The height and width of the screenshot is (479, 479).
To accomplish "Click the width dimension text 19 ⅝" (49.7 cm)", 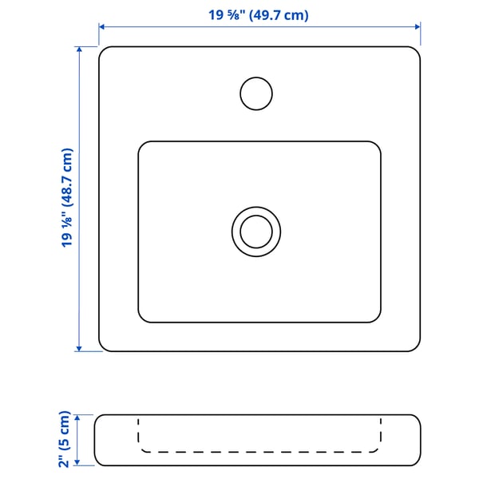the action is point(259,15).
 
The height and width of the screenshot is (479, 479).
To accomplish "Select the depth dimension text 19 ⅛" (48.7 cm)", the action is point(66,198).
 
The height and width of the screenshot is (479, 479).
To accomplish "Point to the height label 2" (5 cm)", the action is point(65,439).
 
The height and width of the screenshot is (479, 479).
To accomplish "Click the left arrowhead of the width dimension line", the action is point(101,27).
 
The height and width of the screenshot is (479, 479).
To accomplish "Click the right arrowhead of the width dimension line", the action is point(418,27).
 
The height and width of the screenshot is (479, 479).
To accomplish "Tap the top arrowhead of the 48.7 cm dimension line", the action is point(79,49).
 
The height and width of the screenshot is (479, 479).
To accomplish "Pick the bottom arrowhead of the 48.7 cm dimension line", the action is point(79,348).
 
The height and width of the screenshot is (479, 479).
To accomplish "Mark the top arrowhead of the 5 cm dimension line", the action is point(77,418).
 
